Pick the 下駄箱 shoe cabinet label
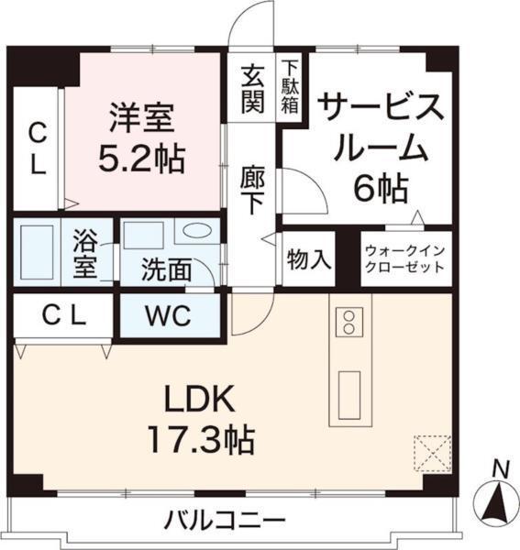290,86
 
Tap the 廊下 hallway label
252,187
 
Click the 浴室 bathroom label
84,257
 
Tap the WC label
167,317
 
